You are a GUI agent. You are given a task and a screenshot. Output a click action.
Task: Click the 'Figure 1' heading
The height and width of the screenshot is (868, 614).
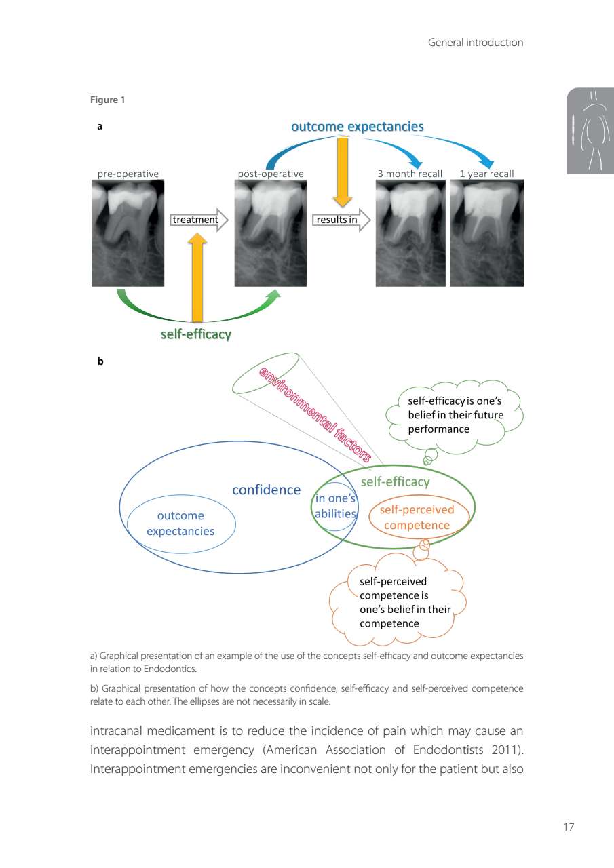pyautogui.click(x=108, y=100)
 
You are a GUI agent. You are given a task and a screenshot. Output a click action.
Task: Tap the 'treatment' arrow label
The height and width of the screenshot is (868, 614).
pyautogui.click(x=195, y=220)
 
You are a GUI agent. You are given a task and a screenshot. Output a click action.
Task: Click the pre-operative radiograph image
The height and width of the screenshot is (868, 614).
pyautogui.click(x=128, y=233)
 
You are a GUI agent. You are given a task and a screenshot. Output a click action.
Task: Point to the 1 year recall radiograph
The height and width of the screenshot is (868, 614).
pyautogui.click(x=486, y=233)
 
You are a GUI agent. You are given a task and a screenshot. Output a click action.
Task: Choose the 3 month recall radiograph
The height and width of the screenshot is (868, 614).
pyautogui.click(x=410, y=233)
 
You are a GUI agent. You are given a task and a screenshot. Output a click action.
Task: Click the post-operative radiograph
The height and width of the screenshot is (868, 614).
pyautogui.click(x=270, y=233)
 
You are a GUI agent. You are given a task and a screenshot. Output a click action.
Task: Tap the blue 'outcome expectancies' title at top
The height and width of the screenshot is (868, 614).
pyautogui.click(x=358, y=127)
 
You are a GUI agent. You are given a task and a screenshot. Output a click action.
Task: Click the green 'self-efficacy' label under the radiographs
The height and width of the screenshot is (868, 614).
pyautogui.click(x=195, y=334)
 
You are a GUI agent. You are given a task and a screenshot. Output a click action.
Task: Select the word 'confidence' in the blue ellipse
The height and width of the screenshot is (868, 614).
pyautogui.click(x=266, y=490)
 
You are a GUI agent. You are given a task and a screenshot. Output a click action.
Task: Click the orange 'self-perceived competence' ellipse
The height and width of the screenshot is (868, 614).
pyautogui.click(x=419, y=517)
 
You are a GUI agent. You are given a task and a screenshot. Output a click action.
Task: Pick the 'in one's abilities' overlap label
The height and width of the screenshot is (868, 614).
pyautogui.click(x=335, y=507)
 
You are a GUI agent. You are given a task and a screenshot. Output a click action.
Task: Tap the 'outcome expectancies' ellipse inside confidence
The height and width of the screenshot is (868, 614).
pyautogui.click(x=180, y=524)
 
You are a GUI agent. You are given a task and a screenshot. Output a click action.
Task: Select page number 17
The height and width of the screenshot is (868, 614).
pyautogui.click(x=569, y=827)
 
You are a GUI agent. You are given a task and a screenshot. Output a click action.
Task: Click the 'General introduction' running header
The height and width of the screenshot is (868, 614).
pyautogui.click(x=475, y=43)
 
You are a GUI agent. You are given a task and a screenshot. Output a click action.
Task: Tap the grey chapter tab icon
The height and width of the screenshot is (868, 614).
pyautogui.click(x=590, y=130)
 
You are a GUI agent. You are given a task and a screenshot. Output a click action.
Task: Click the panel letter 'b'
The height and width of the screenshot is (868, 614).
pyautogui.click(x=100, y=362)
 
